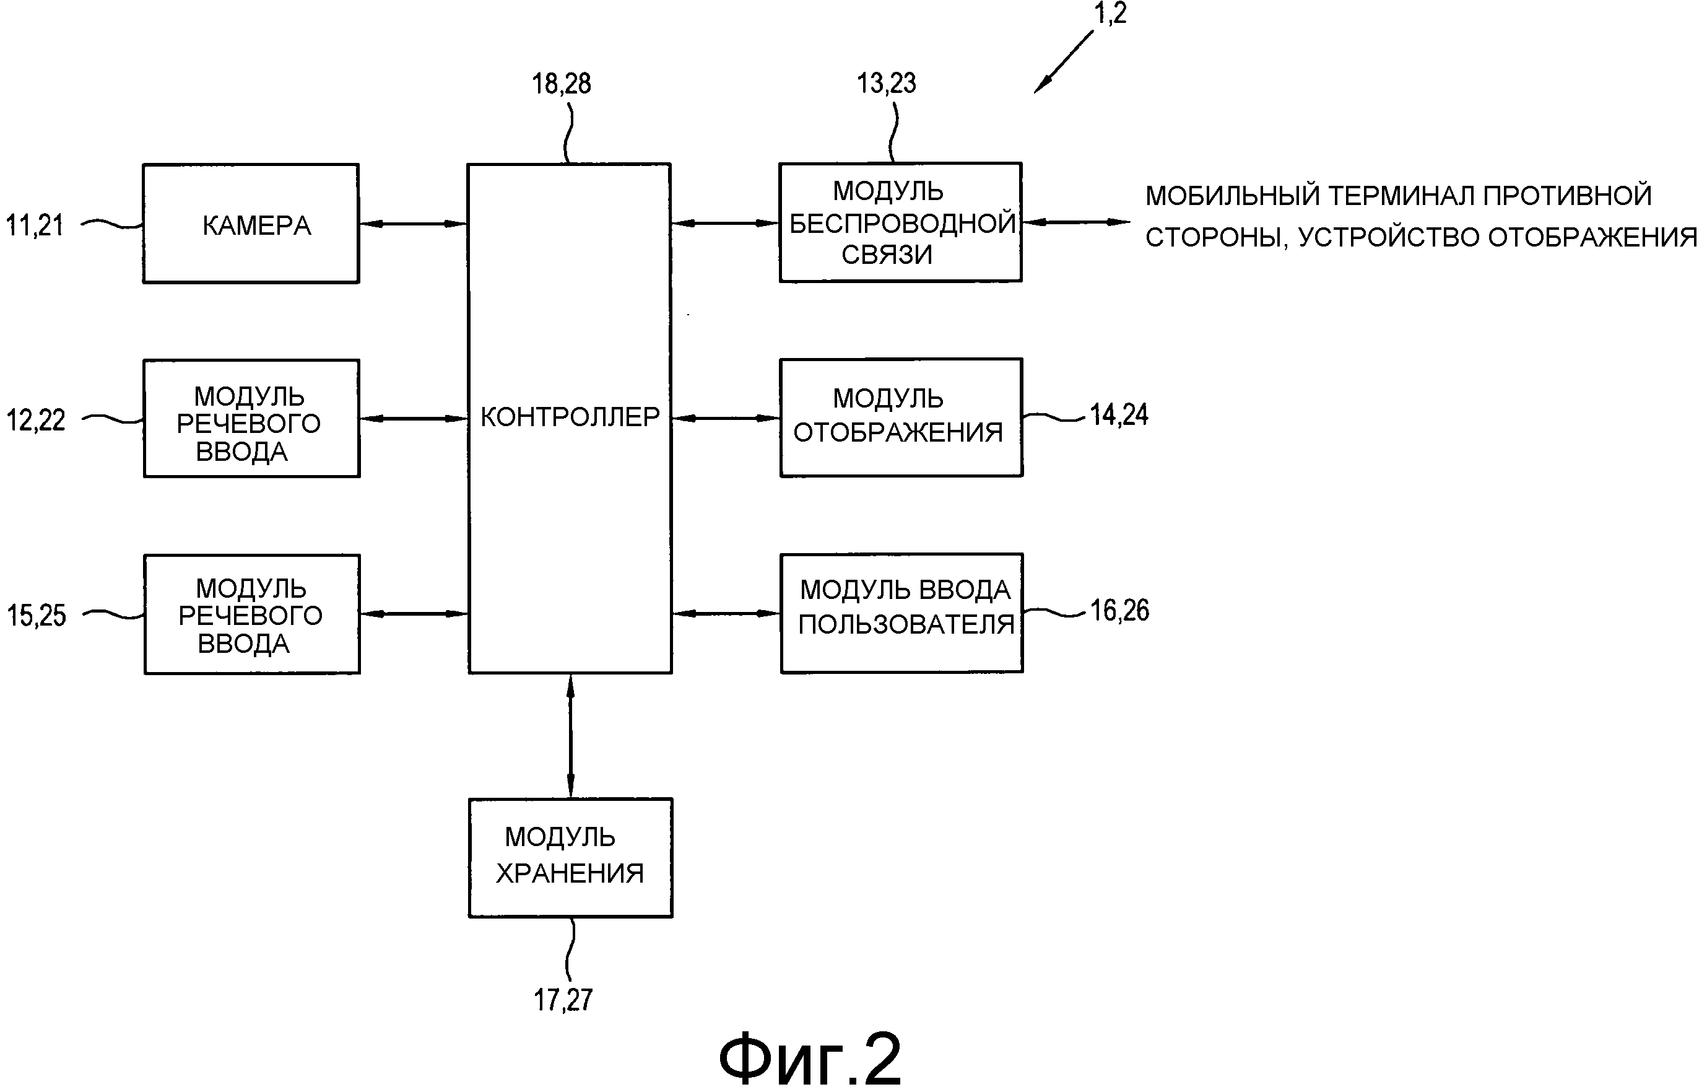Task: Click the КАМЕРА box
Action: point(251,224)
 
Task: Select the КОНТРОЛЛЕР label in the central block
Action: point(570,417)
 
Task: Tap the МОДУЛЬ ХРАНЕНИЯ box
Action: point(570,858)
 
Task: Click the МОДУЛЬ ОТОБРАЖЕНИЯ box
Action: point(901,417)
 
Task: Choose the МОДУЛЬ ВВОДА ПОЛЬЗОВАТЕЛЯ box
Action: point(901,613)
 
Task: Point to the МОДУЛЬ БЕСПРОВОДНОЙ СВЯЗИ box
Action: point(900,222)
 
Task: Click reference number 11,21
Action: point(35,225)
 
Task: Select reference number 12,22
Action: point(35,421)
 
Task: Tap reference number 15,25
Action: point(36,616)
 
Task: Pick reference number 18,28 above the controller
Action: point(562,84)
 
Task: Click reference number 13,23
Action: point(886,83)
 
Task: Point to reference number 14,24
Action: point(1119,415)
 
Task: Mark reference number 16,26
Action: point(1119,611)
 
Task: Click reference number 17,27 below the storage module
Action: point(563,1000)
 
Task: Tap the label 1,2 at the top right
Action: point(1110,13)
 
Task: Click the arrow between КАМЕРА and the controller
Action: point(413,224)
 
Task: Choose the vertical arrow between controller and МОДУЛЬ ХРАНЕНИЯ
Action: point(571,735)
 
